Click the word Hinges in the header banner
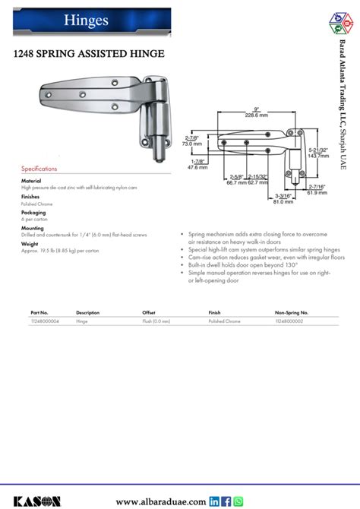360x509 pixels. point(65,20)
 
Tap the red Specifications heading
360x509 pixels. point(39,168)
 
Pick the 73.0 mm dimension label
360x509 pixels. point(192,143)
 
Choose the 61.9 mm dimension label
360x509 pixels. point(319,194)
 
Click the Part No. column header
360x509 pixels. point(39,312)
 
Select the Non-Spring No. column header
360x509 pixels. point(292,312)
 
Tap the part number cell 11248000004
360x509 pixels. point(43,321)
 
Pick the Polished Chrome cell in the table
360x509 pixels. point(224,321)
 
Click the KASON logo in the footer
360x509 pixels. point(33,501)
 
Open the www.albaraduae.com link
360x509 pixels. point(160,501)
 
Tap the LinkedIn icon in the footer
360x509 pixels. point(215,501)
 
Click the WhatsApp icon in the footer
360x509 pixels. point(238,501)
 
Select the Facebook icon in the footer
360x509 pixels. point(227,501)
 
